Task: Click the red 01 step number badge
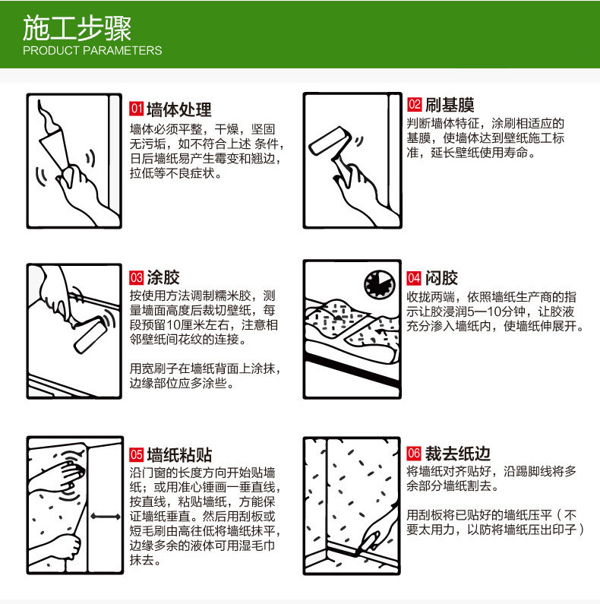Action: point(136,109)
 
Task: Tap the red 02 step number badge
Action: point(415,104)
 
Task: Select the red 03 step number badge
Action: point(136,277)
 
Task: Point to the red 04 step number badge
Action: point(414,278)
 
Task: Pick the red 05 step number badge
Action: point(136,454)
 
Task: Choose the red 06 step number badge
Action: point(414,453)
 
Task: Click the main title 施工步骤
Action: point(77,29)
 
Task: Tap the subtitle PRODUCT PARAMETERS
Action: point(93,50)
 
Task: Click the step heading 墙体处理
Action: point(179,109)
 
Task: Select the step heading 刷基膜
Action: point(450,104)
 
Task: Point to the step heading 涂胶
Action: point(163,277)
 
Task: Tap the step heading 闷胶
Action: point(441,278)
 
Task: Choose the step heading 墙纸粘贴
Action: point(179,455)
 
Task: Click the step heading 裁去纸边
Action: point(457,454)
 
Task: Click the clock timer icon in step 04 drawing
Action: point(380,284)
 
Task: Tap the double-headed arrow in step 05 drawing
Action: point(105,517)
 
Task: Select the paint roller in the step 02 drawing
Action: point(330,141)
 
